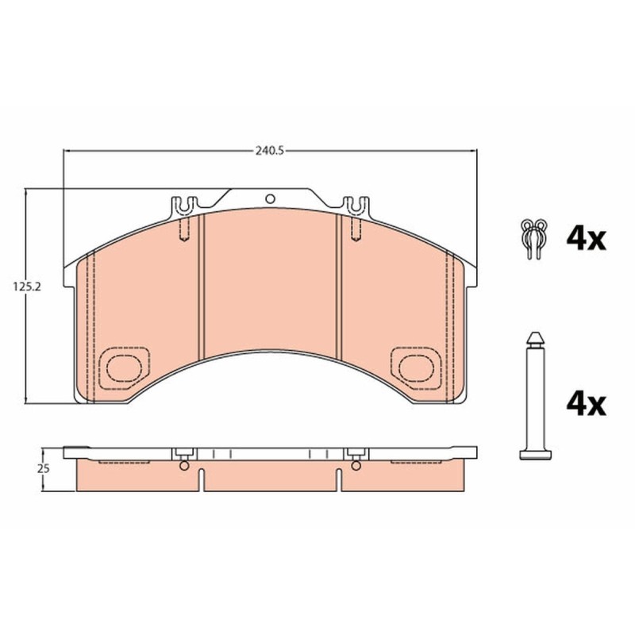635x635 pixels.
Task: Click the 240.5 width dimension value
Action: point(270,151)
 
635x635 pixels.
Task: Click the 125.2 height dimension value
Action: point(27,287)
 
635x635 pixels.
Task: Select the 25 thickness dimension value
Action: point(44,469)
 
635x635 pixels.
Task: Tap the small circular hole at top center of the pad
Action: point(270,199)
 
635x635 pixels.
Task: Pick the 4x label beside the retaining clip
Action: point(586,240)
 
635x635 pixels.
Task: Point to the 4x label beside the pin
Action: point(586,404)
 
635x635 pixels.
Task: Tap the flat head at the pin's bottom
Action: point(535,454)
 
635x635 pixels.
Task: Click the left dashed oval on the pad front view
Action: point(124,368)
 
